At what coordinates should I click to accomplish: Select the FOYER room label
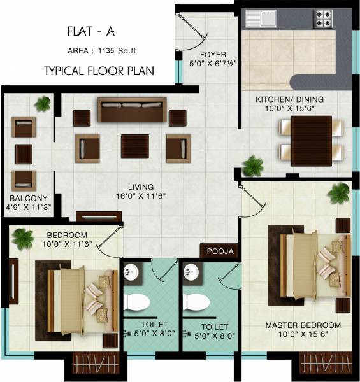pyautogui.click(x=210, y=54)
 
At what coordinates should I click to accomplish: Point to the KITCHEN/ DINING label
pyautogui.click(x=289, y=99)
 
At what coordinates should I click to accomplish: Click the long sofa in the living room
pyautogui.click(x=131, y=110)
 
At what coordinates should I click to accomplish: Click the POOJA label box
pyautogui.click(x=220, y=251)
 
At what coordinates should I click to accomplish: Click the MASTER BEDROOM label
pyautogui.click(x=303, y=325)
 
